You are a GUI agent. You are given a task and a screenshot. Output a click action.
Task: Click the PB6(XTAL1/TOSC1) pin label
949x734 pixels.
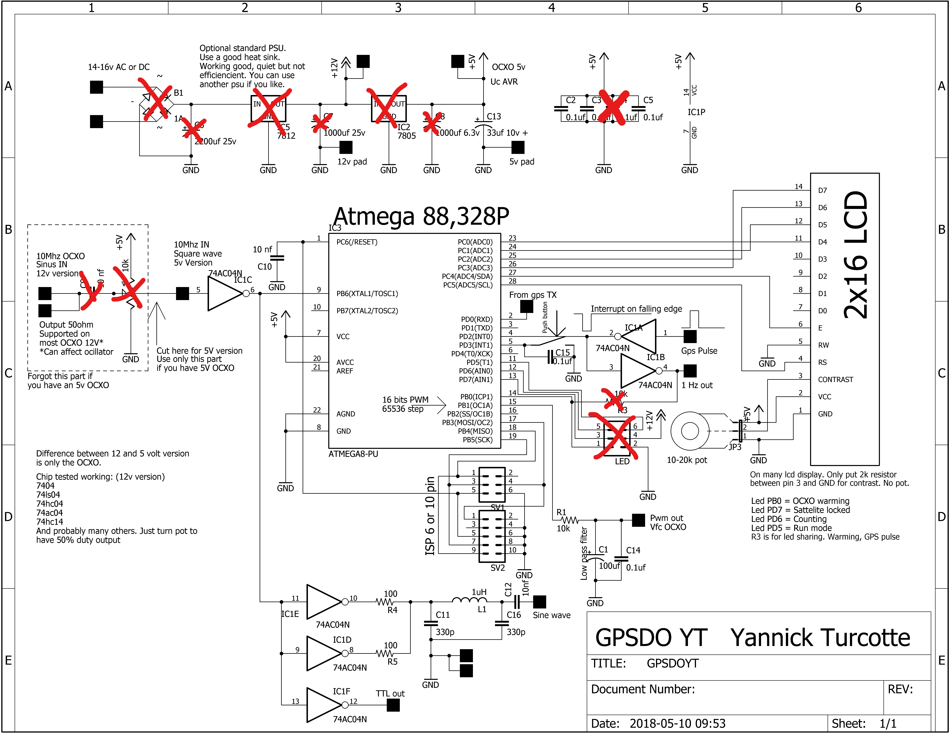[367, 294]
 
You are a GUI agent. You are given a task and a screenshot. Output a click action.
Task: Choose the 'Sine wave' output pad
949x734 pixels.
[539, 602]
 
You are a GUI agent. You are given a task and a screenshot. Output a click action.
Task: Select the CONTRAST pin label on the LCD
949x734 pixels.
[835, 380]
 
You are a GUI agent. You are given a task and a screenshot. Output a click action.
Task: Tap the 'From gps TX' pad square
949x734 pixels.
[527, 307]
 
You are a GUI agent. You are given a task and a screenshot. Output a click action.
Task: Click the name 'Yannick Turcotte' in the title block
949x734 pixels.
[820, 638]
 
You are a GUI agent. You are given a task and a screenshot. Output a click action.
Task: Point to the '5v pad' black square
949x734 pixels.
[518, 148]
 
